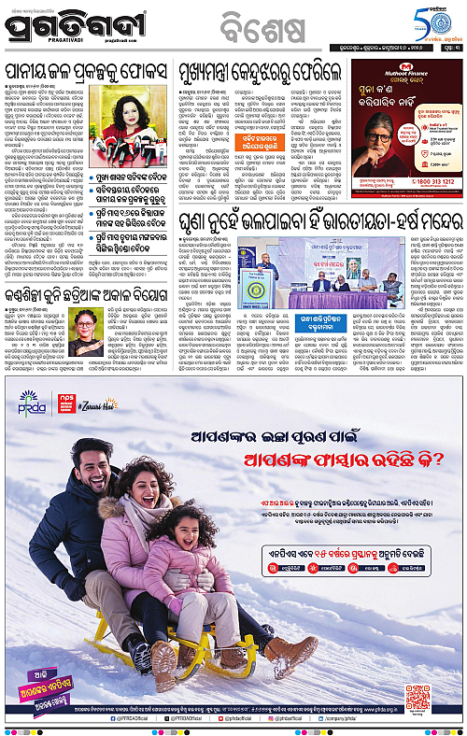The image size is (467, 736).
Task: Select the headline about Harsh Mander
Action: pos(315,219)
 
